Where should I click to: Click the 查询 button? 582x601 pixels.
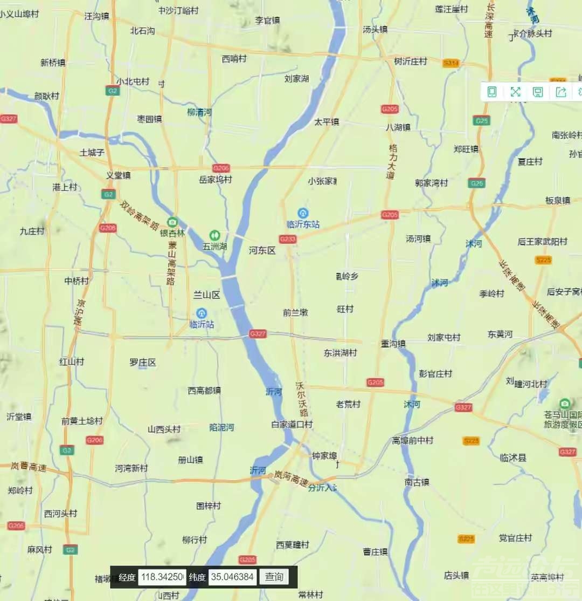pos(274,577)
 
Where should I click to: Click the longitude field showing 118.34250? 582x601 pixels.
pos(162,577)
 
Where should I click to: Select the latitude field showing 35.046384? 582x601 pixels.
pos(232,577)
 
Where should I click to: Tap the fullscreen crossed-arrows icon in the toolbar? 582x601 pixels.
pos(515,92)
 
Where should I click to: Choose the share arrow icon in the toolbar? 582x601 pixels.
pos(561,92)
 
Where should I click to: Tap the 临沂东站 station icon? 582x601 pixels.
pos(303,213)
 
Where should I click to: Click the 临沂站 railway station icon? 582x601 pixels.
pos(202,313)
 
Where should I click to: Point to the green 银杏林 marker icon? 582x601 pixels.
pos(172,222)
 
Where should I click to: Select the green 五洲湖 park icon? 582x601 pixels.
pos(214,235)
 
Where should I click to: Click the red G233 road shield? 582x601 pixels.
pos(288,238)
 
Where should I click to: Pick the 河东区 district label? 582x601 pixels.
pos(262,250)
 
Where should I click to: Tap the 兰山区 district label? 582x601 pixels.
pos(207,295)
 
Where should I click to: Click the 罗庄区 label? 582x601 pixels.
pos(143,363)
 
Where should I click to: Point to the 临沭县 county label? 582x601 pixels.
pos(513,458)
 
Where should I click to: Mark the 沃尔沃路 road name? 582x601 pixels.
pos(303,399)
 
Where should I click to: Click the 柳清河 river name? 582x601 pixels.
pos(199,113)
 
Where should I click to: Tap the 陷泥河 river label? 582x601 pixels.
pos(221,427)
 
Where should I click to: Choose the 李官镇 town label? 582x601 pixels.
pos(267,21)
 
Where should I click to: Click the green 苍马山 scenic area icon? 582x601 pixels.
pos(564,404)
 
